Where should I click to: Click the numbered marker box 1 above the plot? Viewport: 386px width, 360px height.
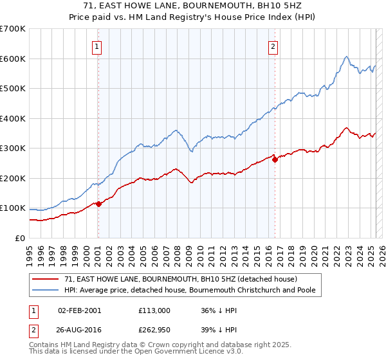pos(96,46)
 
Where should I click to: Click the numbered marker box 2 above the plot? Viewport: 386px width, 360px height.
pos(273,46)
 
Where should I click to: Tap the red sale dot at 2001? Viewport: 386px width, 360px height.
pos(98,204)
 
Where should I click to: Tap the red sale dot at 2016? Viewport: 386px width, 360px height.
pos(275,159)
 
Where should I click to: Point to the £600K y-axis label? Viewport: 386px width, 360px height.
pos(13,59)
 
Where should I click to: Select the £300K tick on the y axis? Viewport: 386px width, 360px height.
pos(13,148)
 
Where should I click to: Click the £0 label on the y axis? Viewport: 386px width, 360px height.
pos(19,238)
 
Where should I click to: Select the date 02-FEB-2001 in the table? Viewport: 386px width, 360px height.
pos(79,310)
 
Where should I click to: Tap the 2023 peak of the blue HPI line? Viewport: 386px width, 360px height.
pos(346,57)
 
